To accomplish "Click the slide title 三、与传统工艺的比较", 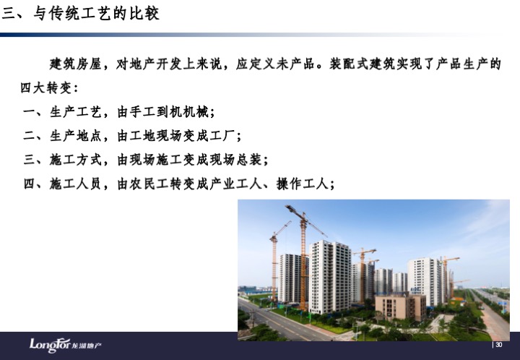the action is [80, 14].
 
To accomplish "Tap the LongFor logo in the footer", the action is [65, 345].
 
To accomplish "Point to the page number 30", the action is [498, 345].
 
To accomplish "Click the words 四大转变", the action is [45, 88].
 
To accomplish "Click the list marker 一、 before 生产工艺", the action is [32, 112].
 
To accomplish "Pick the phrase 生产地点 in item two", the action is [75, 136].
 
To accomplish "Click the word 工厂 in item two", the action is [223, 136].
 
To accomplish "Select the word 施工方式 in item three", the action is [75, 160].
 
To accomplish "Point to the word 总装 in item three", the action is [249, 160].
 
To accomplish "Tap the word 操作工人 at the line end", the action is [302, 184].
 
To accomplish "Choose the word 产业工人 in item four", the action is [235, 184].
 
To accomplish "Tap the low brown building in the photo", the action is [400, 307].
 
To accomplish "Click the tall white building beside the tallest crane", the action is [329, 277].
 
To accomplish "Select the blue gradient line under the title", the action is [252, 35].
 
